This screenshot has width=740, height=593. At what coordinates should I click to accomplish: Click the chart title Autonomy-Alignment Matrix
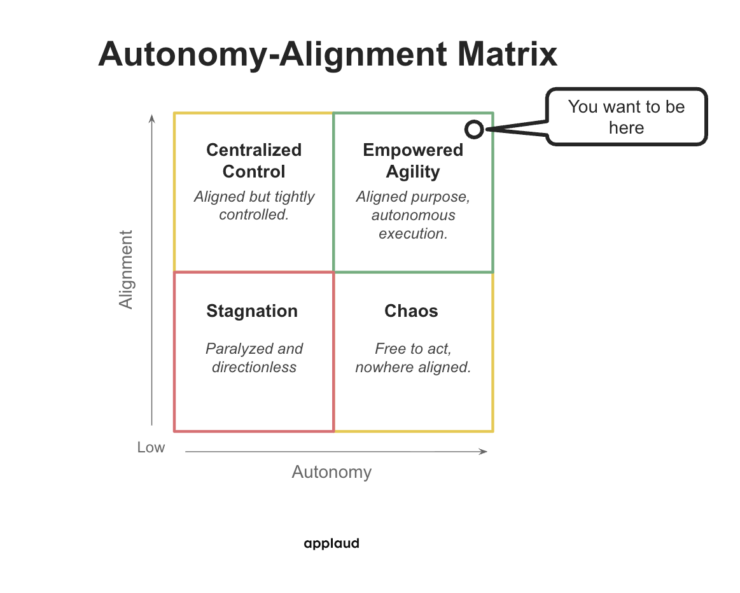328,54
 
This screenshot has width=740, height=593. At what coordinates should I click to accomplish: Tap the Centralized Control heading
254,161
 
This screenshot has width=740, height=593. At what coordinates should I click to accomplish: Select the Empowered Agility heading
413,161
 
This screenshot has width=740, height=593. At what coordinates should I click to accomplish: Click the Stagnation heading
252,311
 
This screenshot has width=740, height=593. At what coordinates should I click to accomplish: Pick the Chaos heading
411,311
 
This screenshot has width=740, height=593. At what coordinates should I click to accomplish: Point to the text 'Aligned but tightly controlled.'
254,206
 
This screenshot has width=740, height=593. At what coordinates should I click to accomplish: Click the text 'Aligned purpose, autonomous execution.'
413,215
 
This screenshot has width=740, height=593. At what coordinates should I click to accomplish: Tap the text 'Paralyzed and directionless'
254,358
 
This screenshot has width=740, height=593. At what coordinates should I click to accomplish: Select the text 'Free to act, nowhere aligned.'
413,358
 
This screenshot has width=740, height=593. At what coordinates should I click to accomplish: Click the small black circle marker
473,129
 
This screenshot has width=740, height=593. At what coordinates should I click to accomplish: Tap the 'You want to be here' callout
626,117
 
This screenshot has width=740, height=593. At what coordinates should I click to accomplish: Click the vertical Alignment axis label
127,270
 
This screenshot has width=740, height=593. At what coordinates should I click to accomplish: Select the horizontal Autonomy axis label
332,472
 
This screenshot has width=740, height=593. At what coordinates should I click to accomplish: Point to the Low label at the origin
151,447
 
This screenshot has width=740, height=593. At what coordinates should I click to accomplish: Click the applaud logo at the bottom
332,543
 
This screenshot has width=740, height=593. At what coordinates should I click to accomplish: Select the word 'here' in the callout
626,128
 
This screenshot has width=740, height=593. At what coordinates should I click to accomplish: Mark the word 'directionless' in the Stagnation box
254,367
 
